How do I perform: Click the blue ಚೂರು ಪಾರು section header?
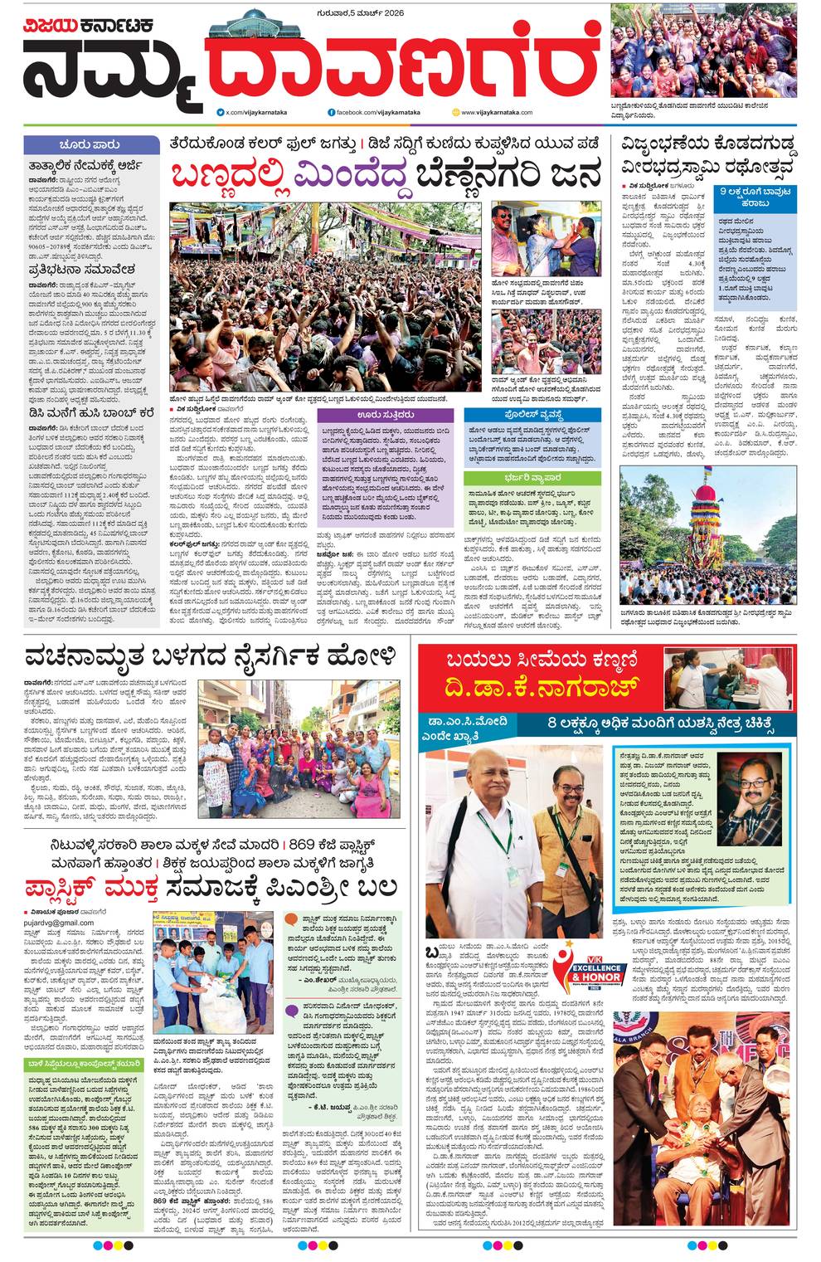pyautogui.click(x=90, y=144)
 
